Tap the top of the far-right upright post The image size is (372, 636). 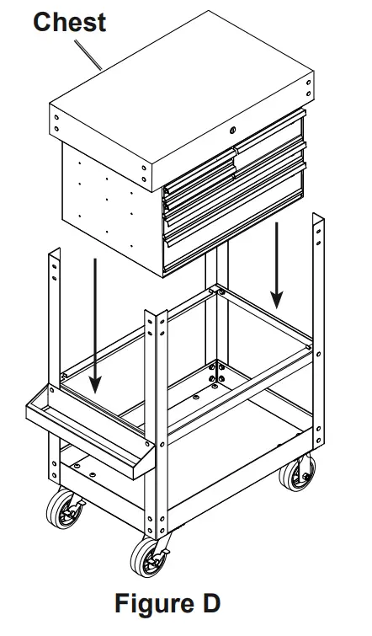coord(318,221)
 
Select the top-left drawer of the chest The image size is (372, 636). coord(198,168)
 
